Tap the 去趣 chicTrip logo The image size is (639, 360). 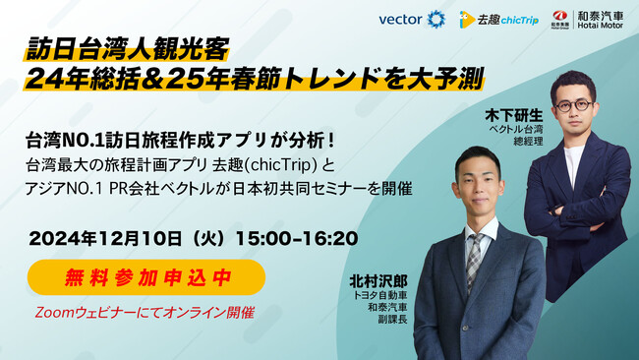click(498, 19)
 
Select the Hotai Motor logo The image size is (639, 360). click(585, 19)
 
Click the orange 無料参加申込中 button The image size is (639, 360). click(146, 277)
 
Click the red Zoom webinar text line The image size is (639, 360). click(144, 312)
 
